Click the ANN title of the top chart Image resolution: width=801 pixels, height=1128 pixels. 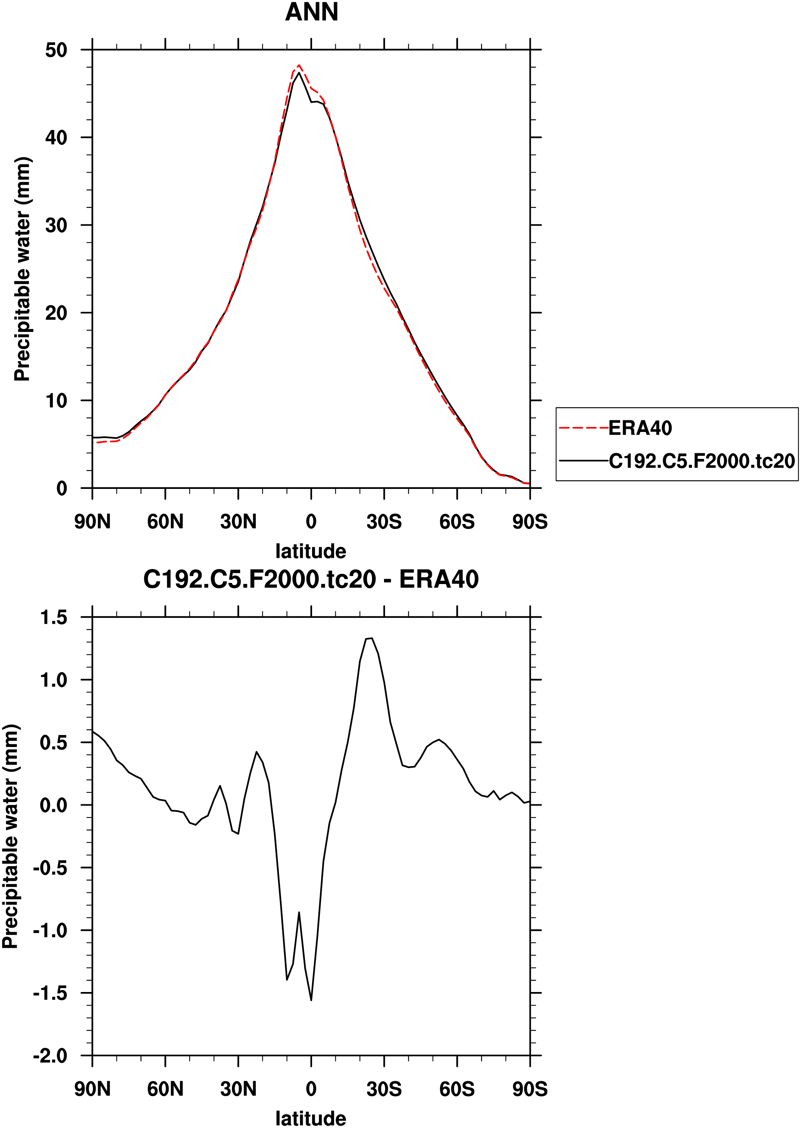(x=312, y=12)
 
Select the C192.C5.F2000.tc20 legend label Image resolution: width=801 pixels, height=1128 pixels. (x=701, y=461)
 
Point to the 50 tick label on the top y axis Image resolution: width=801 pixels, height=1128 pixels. (x=56, y=50)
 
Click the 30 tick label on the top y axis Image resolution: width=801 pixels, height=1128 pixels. (x=56, y=226)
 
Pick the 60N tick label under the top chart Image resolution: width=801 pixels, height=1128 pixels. (x=165, y=522)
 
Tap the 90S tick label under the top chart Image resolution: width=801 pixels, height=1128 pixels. (x=530, y=522)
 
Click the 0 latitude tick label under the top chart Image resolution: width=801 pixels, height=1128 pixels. (x=311, y=522)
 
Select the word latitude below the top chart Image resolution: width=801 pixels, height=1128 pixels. (x=311, y=551)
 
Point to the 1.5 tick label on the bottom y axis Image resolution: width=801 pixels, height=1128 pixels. (x=53, y=617)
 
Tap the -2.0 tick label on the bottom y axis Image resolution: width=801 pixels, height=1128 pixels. (x=50, y=1056)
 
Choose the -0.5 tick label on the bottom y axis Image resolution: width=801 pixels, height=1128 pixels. (x=50, y=868)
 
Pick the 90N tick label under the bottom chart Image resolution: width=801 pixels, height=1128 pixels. (x=92, y=1089)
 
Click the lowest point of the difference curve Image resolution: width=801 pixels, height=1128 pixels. (x=311, y=1000)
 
